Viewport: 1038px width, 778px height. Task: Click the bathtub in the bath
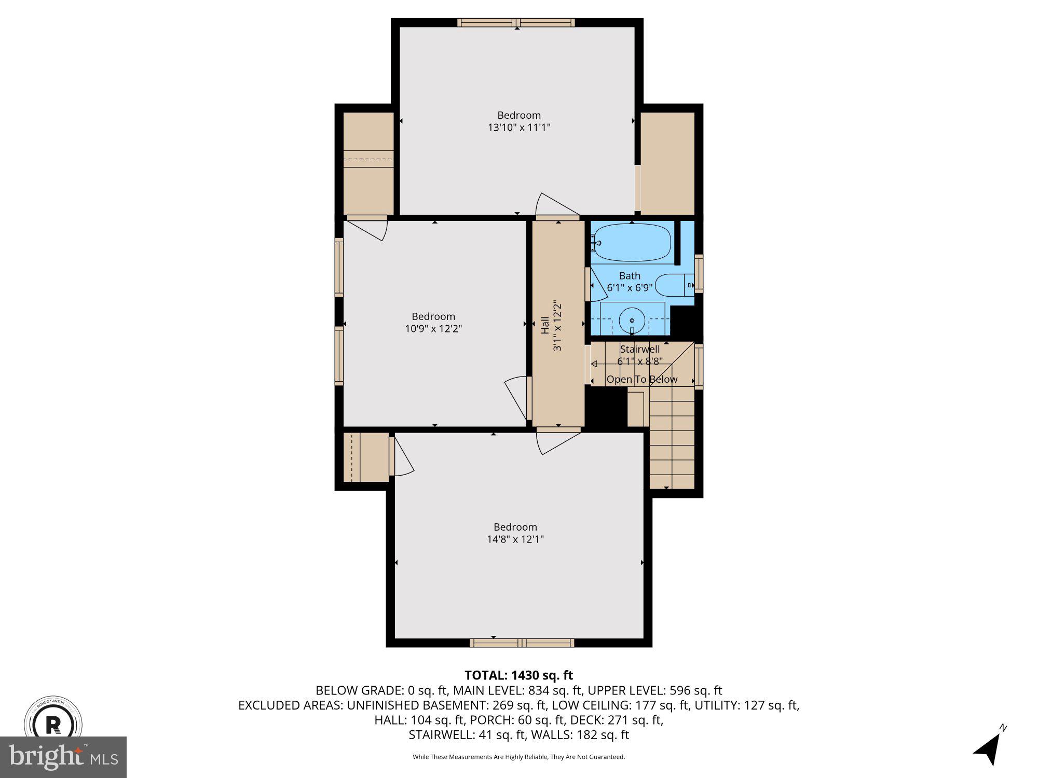coord(632,242)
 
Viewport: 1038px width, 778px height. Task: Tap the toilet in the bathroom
coord(674,285)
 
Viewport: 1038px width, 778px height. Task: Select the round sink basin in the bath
coord(632,322)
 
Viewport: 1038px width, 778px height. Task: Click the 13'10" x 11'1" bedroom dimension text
coord(518,128)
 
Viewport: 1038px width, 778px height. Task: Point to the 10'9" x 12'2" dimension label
coord(433,329)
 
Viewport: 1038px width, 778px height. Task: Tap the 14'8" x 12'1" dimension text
coord(515,539)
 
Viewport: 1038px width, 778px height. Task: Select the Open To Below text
coord(642,380)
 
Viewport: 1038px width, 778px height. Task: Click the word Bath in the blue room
coord(630,276)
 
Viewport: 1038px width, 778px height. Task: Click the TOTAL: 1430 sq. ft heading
coord(518,675)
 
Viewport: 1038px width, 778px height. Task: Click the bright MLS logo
coord(63,757)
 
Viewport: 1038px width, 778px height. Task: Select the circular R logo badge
coord(53,724)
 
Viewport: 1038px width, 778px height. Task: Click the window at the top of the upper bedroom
coord(516,22)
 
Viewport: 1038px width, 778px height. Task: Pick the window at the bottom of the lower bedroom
coord(522,643)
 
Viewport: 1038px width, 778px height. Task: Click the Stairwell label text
coord(639,350)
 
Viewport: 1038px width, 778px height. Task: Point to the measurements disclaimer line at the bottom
coord(518,757)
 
